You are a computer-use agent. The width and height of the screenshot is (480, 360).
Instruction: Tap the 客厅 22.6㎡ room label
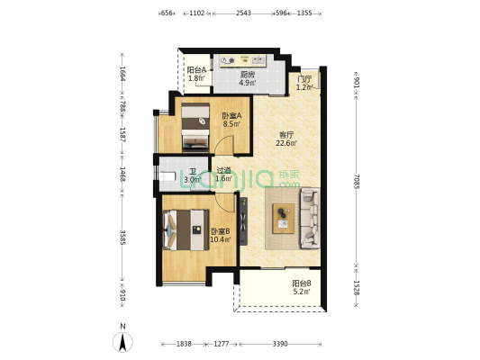(286, 139)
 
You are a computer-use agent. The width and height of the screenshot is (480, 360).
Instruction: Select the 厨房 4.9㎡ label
(248, 78)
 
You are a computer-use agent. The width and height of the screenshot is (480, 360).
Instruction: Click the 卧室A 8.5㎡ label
(231, 120)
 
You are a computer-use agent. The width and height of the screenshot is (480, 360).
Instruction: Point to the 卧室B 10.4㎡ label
(221, 235)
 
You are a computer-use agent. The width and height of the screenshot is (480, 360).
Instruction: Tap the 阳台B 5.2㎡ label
(302, 287)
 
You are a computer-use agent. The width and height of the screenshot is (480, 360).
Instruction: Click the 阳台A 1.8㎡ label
(196, 74)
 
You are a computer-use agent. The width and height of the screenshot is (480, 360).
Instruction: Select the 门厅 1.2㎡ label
(304, 83)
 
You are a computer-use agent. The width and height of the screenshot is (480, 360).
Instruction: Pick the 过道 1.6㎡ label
(223, 174)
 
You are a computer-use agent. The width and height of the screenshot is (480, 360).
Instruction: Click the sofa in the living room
(310, 219)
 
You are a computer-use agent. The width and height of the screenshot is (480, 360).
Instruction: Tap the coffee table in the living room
(284, 219)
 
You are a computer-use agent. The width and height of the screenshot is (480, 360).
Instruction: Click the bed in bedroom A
(195, 127)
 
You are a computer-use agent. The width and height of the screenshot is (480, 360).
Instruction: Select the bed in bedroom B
(186, 229)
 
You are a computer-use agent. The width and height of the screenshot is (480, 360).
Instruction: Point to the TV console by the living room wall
(243, 221)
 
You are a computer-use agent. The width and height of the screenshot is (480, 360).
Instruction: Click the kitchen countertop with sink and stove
(243, 60)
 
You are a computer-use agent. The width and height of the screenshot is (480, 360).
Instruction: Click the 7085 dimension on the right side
(357, 181)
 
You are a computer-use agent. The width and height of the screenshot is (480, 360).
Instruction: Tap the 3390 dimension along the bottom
(280, 344)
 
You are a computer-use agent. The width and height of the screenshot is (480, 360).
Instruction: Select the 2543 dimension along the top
(244, 13)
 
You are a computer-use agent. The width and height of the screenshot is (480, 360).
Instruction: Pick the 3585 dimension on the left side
(122, 238)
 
